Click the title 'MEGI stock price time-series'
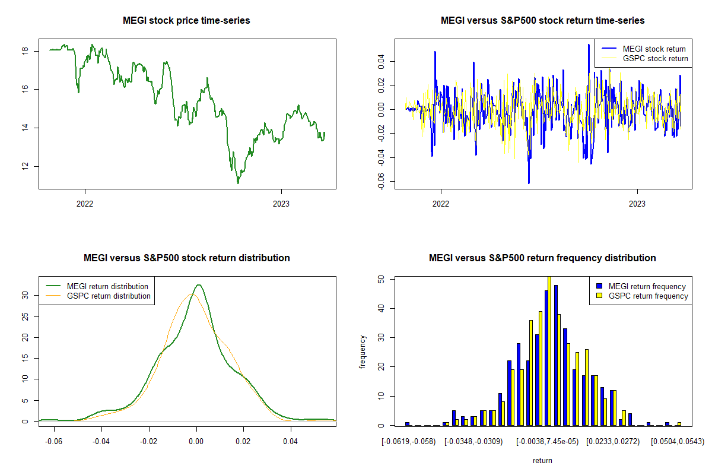(186, 21)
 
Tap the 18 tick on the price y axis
(24, 51)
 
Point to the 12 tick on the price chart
(24, 166)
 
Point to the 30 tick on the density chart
(25, 294)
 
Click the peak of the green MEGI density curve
(199, 285)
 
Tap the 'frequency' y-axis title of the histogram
(363, 351)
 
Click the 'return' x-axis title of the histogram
(542, 460)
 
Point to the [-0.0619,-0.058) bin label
(409, 441)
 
